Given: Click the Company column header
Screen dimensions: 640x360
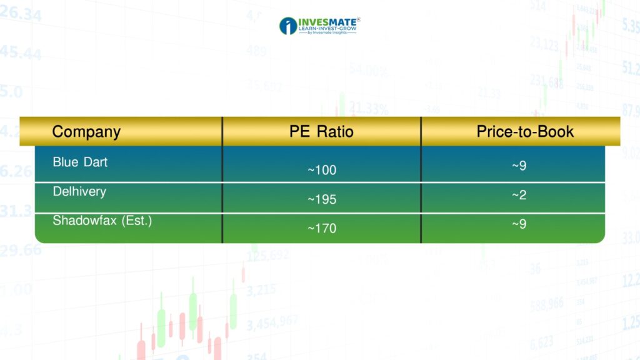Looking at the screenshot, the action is click(86, 132).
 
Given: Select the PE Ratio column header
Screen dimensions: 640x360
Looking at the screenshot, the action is click(321, 131).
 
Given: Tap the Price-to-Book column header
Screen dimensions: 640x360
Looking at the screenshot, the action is click(525, 131).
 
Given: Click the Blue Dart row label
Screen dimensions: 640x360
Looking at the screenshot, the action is click(80, 162).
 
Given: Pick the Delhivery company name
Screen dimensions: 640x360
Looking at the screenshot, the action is click(79, 191).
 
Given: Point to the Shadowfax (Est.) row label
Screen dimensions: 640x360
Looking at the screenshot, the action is click(102, 221).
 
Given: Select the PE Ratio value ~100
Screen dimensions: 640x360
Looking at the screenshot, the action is click(322, 170).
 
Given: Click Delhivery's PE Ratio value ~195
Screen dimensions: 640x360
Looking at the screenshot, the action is click(322, 199).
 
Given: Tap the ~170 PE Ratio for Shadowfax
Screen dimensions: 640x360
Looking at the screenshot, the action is click(322, 228).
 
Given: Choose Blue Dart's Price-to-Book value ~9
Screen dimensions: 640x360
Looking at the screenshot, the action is click(519, 166).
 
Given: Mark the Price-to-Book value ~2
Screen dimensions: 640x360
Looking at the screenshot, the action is click(519, 195).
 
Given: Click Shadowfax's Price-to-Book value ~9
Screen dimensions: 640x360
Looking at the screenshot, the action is click(519, 224).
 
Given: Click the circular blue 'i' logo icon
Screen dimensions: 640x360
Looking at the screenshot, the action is click(288, 26).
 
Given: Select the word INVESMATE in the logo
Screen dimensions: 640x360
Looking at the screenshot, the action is click(327, 22).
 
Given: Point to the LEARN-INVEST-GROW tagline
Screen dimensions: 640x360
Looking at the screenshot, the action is click(327, 29).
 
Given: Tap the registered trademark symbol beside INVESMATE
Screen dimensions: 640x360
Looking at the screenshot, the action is click(358, 19).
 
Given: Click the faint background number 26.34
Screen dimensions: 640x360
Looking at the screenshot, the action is click(21, 14).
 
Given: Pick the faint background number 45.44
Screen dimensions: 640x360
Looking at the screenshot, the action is click(21, 53).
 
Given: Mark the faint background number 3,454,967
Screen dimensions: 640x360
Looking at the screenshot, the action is click(272, 323).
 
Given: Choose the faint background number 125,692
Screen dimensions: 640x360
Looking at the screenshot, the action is click(267, 256).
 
